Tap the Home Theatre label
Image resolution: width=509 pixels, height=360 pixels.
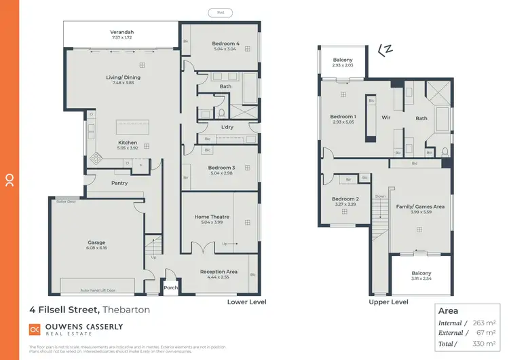pyautogui.click(x=212, y=217)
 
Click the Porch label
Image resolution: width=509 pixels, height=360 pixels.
pyautogui.click(x=170, y=287)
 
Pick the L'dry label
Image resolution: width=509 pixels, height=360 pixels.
pyautogui.click(x=227, y=127)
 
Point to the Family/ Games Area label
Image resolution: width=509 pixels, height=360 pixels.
pyautogui.click(x=421, y=206)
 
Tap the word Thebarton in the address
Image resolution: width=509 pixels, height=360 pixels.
pyautogui.click(x=126, y=310)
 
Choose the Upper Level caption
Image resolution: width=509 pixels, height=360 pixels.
pyautogui.click(x=388, y=302)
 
